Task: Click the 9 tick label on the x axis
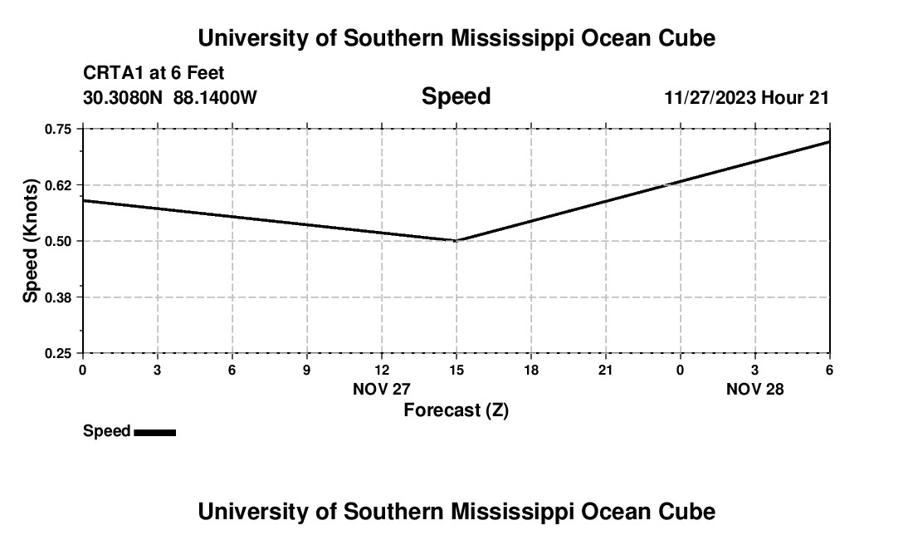click(x=307, y=370)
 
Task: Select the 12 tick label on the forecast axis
click(x=382, y=370)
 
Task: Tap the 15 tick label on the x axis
click(x=456, y=370)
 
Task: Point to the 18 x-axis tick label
click(x=531, y=370)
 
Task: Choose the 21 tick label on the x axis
click(x=606, y=370)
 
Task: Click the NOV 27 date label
click(x=382, y=389)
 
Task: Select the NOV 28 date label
click(x=755, y=389)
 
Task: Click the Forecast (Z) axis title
click(x=456, y=410)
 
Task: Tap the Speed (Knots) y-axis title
click(x=31, y=241)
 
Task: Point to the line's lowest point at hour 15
click(x=456, y=240)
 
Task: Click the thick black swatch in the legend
click(x=154, y=432)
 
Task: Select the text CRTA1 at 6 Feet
click(x=154, y=74)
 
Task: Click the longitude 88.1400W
click(x=215, y=97)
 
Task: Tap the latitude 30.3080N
click(x=124, y=97)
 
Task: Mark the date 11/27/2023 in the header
click(x=710, y=97)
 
